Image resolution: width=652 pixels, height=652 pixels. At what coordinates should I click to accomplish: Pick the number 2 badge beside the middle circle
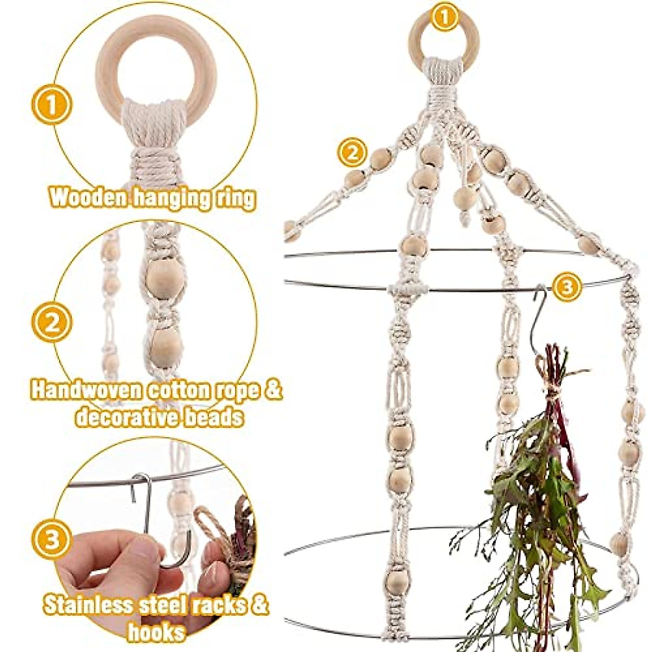(x=52, y=323)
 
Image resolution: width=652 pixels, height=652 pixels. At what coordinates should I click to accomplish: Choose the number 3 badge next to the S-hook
(x=566, y=286)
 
